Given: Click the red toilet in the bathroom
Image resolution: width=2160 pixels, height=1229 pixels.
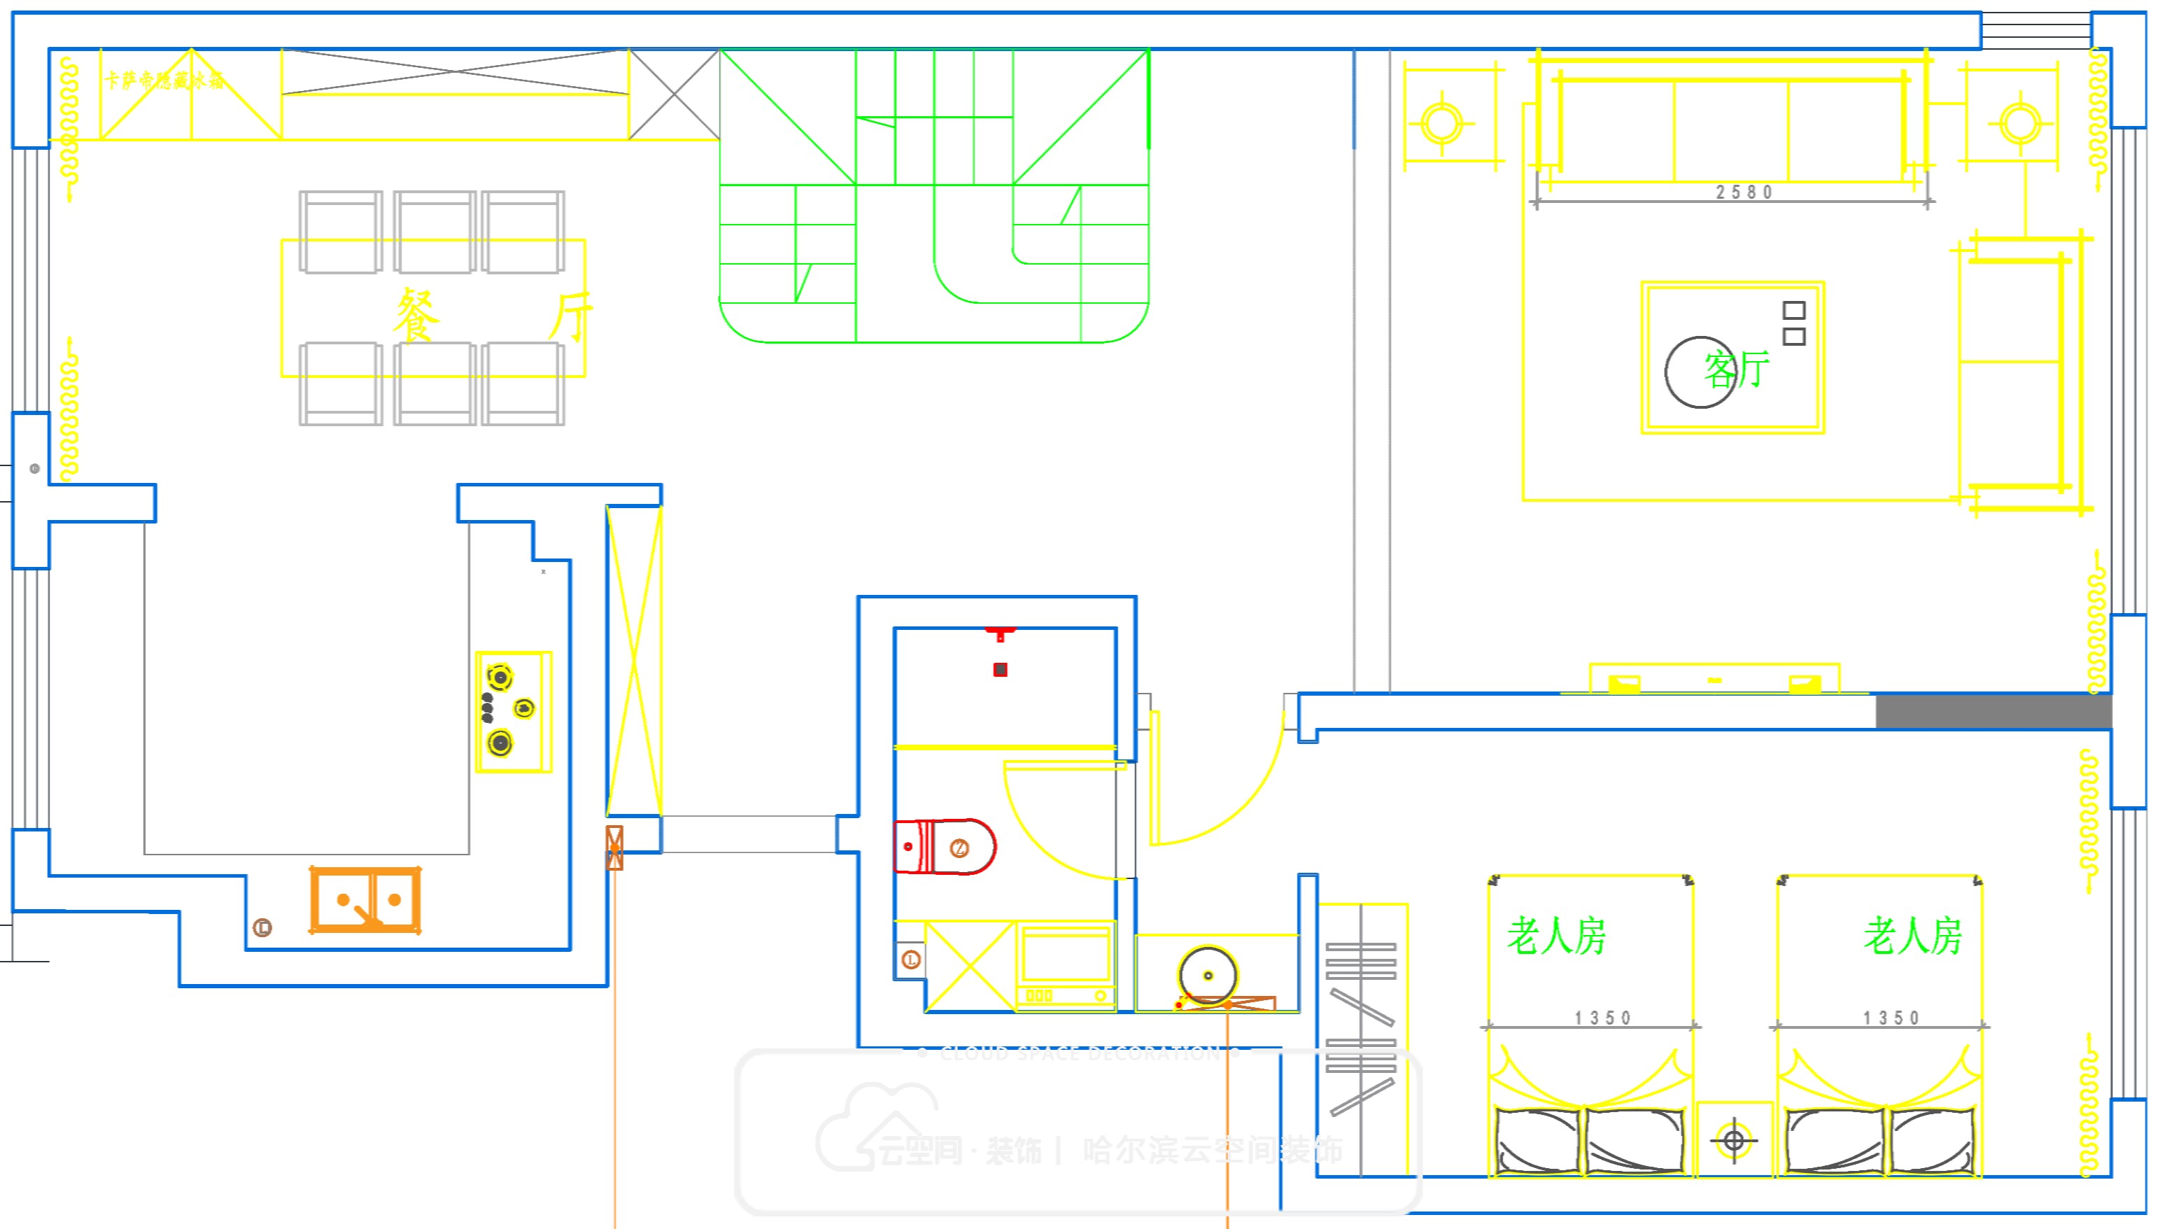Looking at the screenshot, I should [944, 847].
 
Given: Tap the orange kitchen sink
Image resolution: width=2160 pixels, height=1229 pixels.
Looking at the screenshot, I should [365, 900].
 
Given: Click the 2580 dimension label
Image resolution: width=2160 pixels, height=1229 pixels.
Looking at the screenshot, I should [1744, 192].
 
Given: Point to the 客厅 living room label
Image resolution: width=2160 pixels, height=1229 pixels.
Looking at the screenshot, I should [1737, 370].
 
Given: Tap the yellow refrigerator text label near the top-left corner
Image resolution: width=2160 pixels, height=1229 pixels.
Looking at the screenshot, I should [164, 80].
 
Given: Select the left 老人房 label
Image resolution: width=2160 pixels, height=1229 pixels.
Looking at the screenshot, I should [1557, 936].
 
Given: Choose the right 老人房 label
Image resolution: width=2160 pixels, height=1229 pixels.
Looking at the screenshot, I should [1913, 936].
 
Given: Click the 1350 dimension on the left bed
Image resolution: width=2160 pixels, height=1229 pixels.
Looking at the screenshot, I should [1602, 1018].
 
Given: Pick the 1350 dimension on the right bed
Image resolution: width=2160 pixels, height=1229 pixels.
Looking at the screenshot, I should [1891, 1018].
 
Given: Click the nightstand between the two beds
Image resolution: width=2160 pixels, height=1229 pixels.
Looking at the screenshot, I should [1734, 1140].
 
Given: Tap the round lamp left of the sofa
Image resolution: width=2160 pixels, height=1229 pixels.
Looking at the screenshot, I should [1442, 123].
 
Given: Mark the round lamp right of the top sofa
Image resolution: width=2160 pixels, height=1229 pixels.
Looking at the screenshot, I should [2020, 123].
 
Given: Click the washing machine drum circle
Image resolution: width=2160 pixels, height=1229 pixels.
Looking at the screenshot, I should [1208, 976].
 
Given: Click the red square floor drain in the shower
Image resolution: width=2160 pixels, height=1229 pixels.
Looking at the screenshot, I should [1000, 669].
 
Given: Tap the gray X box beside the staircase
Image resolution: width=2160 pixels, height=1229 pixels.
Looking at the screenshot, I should [674, 94].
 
